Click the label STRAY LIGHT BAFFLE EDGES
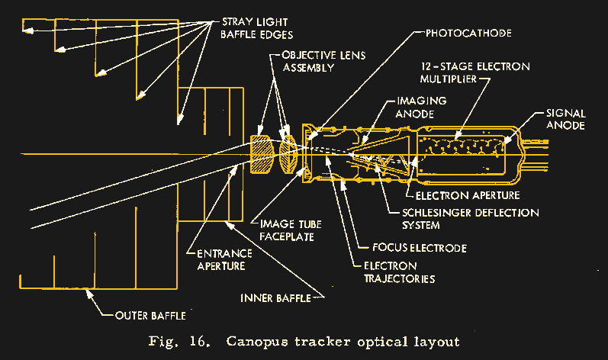pos(255,28)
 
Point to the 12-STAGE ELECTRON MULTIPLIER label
pos(477,72)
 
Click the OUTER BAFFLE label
pos(149,313)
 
